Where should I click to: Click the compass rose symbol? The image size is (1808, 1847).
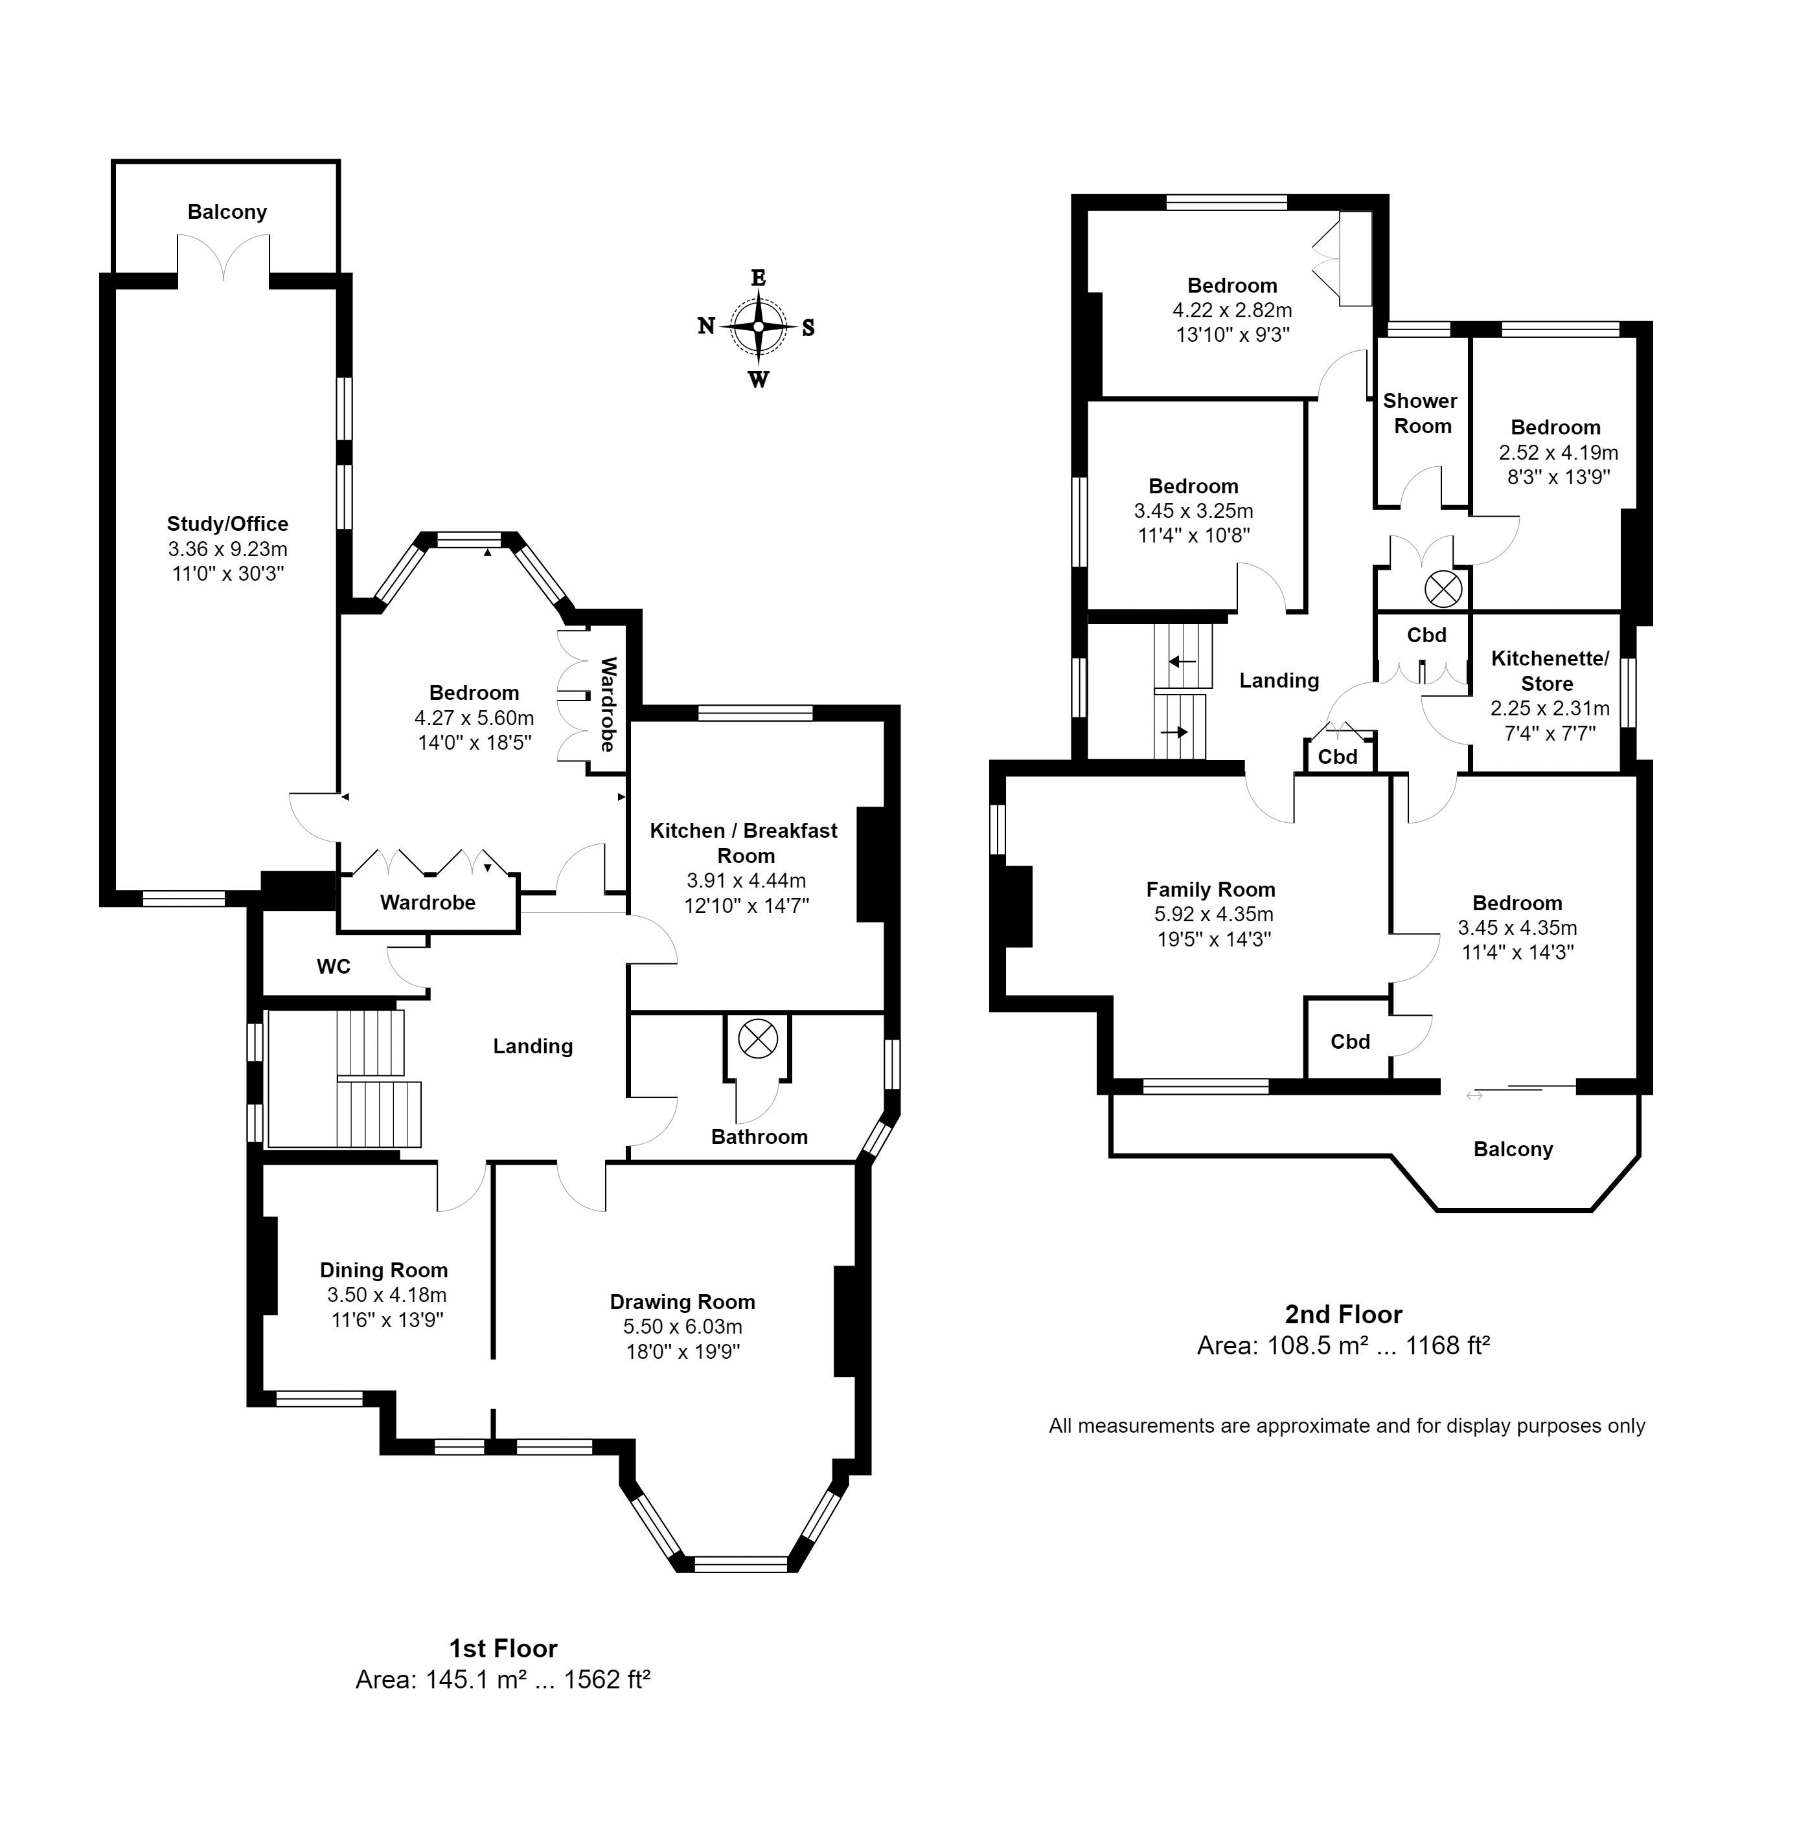(758, 326)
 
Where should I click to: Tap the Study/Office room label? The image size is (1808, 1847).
(228, 524)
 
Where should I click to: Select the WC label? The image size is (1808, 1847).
(334, 966)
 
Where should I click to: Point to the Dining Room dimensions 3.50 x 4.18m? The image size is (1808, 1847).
(387, 1295)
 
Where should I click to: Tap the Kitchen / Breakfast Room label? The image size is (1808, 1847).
(744, 843)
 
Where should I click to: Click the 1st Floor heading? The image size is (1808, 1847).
(503, 1648)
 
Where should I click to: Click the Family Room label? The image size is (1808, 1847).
(1211, 890)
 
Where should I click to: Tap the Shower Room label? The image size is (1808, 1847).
(1421, 413)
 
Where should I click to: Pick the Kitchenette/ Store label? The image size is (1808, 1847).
(1550, 671)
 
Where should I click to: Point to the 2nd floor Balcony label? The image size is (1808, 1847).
(1514, 1149)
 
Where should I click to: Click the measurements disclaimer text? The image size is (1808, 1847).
(1347, 1426)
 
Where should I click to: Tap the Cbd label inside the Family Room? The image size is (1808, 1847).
(1350, 1041)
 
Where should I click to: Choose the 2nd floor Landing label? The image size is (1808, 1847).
(1279, 680)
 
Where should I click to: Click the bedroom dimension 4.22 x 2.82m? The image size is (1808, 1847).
(1233, 310)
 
